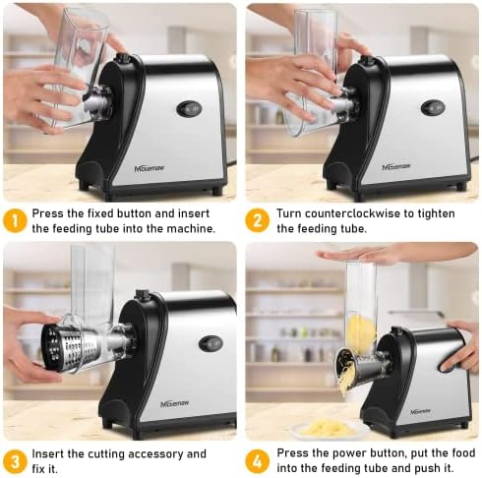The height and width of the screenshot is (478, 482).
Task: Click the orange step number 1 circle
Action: [x=15, y=221]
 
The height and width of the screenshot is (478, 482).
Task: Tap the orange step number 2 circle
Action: [x=257, y=220]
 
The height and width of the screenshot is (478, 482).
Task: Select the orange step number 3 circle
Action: [x=15, y=461]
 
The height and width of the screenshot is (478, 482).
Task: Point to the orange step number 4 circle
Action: [x=257, y=461]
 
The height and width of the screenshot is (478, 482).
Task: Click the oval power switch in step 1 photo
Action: [x=189, y=109]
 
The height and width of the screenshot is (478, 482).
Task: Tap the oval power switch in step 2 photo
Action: [x=433, y=108]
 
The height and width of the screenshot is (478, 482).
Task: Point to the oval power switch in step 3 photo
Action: [x=211, y=343]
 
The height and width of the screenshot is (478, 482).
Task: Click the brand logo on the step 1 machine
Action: [x=150, y=168]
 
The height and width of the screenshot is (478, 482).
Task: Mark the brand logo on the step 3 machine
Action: [x=175, y=404]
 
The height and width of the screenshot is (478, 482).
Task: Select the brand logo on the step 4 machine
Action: [x=421, y=411]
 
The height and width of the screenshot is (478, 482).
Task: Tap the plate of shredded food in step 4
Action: [x=324, y=428]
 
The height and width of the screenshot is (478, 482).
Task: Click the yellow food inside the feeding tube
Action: [x=361, y=329]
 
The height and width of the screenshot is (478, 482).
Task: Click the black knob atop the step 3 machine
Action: [x=142, y=293]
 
